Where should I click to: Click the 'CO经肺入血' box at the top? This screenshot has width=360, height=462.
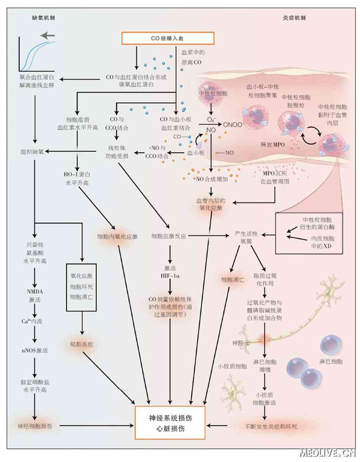click(x=168, y=38)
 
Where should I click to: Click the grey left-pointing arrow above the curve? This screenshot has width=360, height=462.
click(x=48, y=36)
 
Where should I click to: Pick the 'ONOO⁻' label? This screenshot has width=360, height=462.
click(x=234, y=124)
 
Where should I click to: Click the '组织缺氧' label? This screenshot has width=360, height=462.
click(x=34, y=152)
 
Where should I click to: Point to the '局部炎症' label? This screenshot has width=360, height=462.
click(x=81, y=344)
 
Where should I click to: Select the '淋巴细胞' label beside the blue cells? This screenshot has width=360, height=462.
click(x=332, y=362)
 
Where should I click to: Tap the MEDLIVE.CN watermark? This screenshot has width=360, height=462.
click(x=327, y=453)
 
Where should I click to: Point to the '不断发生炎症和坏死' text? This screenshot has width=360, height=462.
click(x=271, y=426)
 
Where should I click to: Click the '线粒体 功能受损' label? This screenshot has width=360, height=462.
click(x=118, y=152)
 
